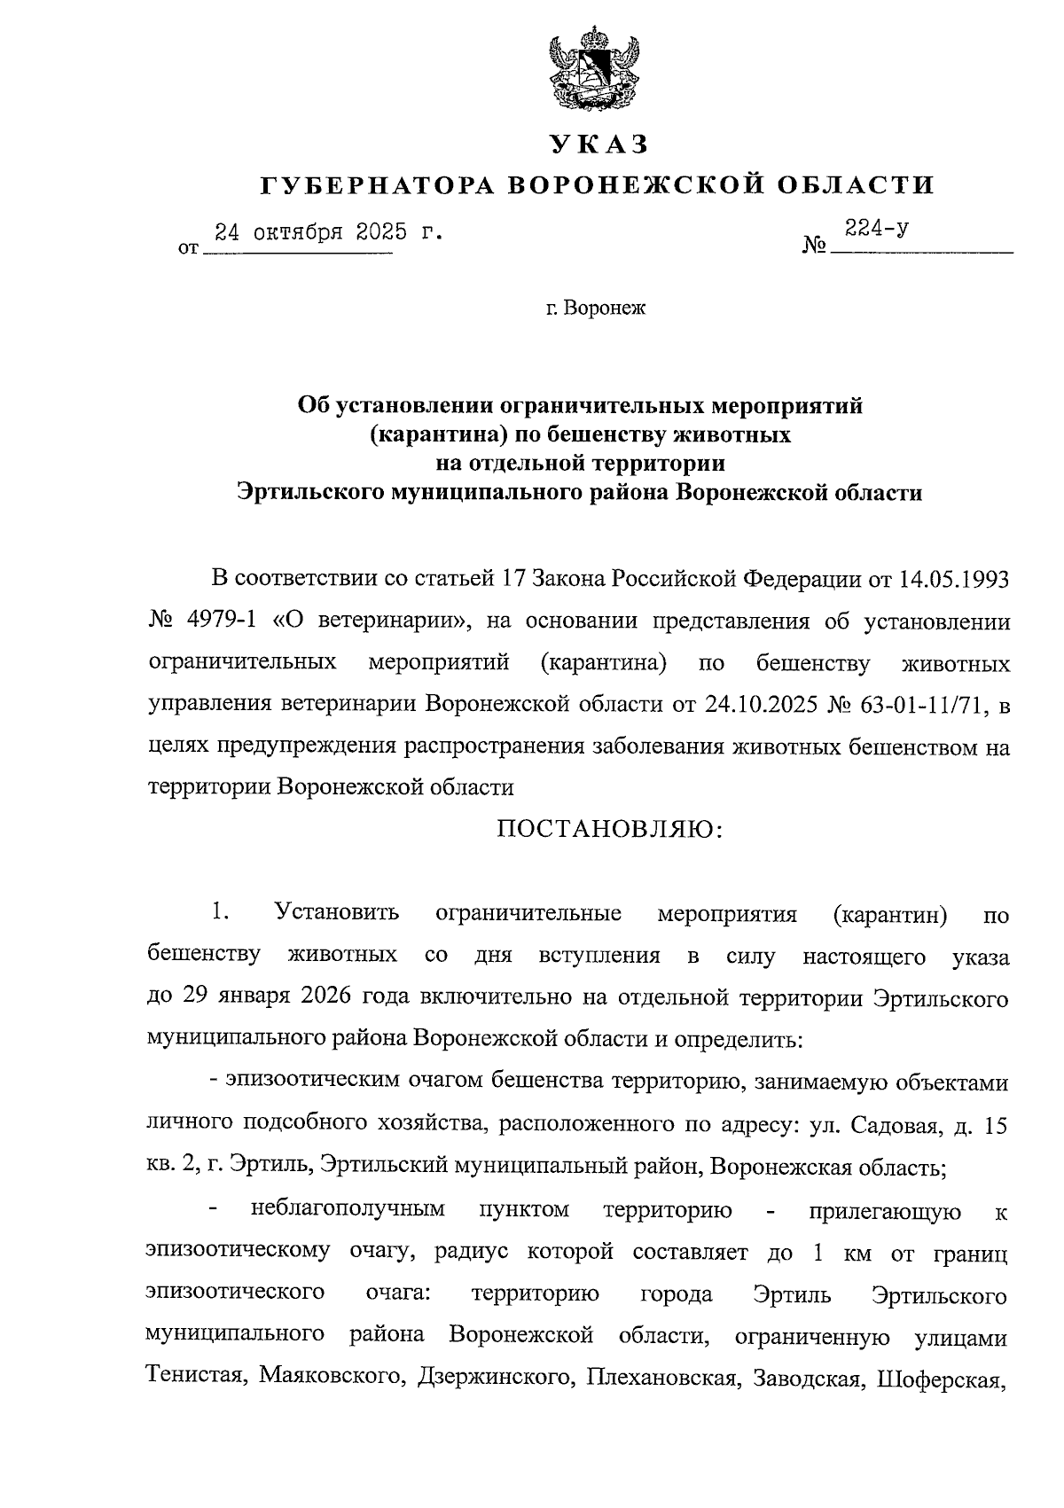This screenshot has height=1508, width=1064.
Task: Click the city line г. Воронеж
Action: click(x=596, y=309)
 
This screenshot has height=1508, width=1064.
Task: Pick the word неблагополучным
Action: click(x=348, y=1210)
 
